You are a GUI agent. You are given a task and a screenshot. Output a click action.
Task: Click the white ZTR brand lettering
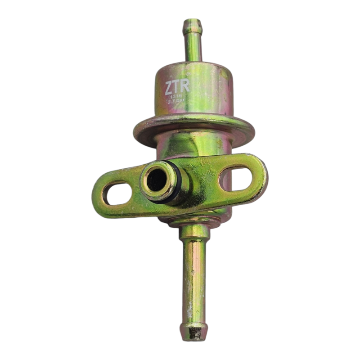[x=177, y=86]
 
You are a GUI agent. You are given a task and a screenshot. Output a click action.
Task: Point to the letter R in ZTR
[x=184, y=86]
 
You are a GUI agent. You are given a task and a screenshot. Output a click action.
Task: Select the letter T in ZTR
[x=177, y=86]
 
